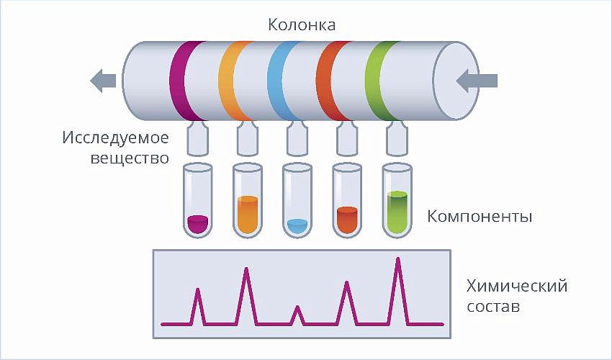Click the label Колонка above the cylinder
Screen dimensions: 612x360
(x=301, y=25)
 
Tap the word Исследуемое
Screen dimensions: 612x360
(x=115, y=138)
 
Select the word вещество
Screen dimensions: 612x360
(x=130, y=158)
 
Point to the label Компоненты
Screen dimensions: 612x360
(x=480, y=216)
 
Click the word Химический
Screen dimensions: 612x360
(x=517, y=287)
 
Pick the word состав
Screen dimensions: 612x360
(x=493, y=307)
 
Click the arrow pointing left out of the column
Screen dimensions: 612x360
(x=103, y=81)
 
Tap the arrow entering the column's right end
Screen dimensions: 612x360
(x=477, y=81)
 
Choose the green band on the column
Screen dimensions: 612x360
(x=381, y=81)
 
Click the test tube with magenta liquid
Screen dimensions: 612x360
(x=198, y=200)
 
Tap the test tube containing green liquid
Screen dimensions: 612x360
(x=397, y=200)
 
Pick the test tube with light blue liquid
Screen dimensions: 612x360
(x=297, y=200)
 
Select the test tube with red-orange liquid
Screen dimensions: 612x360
(x=347, y=200)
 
